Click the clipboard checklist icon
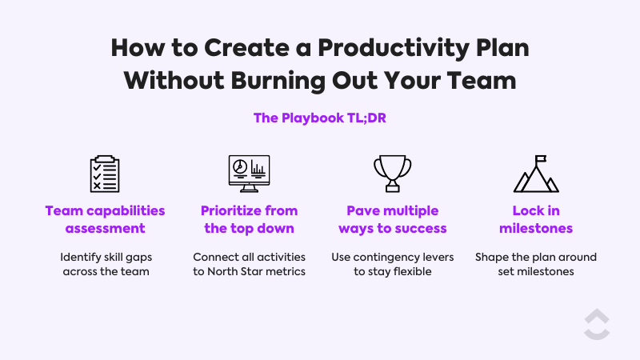(105, 174)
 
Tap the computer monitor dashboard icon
(250, 174)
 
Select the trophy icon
(392, 173)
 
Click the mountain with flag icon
(535, 174)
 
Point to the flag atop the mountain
(542, 160)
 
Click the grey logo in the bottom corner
(596, 324)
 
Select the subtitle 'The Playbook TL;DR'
(320, 118)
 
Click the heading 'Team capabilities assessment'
(105, 219)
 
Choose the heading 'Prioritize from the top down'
(250, 219)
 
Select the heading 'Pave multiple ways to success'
(392, 219)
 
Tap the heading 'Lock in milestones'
(535, 219)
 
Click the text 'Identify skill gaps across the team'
(105, 265)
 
